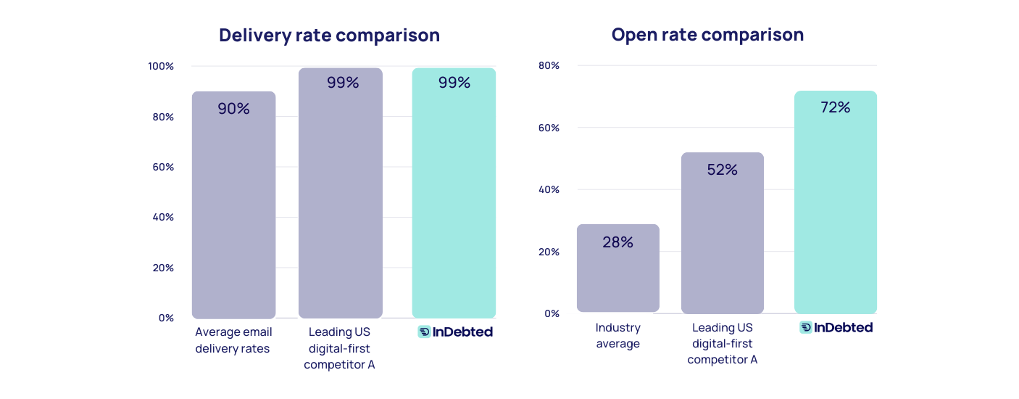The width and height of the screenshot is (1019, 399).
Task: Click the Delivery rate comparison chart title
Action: coord(329,35)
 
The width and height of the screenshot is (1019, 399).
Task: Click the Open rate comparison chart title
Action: coord(707,34)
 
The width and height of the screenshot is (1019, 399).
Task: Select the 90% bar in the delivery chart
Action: coord(233,210)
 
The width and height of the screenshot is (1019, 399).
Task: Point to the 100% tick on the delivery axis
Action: coord(161,66)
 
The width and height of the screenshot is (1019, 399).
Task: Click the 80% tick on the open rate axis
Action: coord(549,65)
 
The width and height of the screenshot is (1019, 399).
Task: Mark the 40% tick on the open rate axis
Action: coord(549,189)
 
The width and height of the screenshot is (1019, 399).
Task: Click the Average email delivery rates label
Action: coord(233,340)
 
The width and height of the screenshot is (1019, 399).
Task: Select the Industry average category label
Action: coord(617,335)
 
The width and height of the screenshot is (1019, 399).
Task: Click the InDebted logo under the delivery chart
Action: coord(455,332)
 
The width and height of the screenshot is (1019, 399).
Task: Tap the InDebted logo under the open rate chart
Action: coord(836,327)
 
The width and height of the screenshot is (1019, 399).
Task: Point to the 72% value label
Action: coord(835,107)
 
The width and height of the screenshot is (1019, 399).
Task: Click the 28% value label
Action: coord(617,242)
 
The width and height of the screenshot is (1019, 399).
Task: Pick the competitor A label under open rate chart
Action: coord(722,343)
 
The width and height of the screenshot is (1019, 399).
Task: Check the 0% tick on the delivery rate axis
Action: coord(166,318)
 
